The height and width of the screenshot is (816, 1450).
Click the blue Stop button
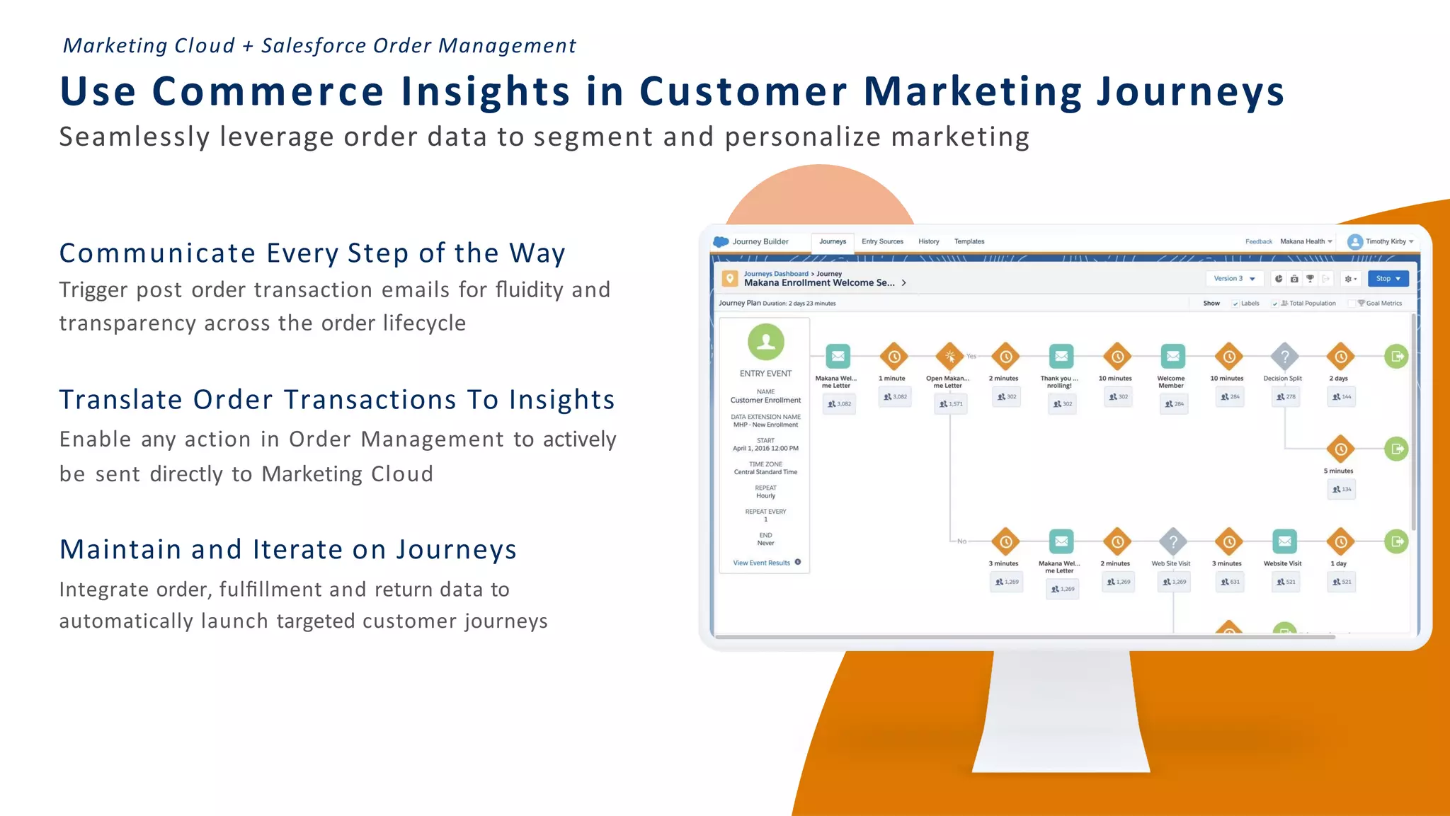[x=1387, y=279]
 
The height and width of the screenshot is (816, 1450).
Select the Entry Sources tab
[x=882, y=242]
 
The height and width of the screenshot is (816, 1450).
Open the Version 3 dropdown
[x=1233, y=279]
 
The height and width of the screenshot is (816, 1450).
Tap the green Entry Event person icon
[x=765, y=343]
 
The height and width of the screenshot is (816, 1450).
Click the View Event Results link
[x=761, y=563]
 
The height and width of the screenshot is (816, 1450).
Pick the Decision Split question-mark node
[x=1284, y=357]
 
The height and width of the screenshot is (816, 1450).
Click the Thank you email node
[x=1061, y=357]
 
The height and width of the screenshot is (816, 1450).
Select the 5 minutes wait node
[x=1340, y=449]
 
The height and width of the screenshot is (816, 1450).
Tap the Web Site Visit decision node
[x=1172, y=542]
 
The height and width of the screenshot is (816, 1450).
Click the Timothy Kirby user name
[x=1385, y=242]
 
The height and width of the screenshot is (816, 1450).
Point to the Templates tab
[x=969, y=242]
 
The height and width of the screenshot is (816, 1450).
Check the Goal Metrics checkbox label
[x=1383, y=304]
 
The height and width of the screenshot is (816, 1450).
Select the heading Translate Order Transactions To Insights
[x=336, y=400]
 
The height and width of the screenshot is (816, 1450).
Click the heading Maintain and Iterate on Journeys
[x=287, y=550]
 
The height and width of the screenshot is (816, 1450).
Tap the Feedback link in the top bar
[x=1258, y=242]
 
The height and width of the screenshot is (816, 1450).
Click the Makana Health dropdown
[x=1305, y=242]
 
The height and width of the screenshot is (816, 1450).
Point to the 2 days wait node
[x=1340, y=357]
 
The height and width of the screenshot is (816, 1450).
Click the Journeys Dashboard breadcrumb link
[x=775, y=274]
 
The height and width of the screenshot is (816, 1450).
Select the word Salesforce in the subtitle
[x=314, y=46]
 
